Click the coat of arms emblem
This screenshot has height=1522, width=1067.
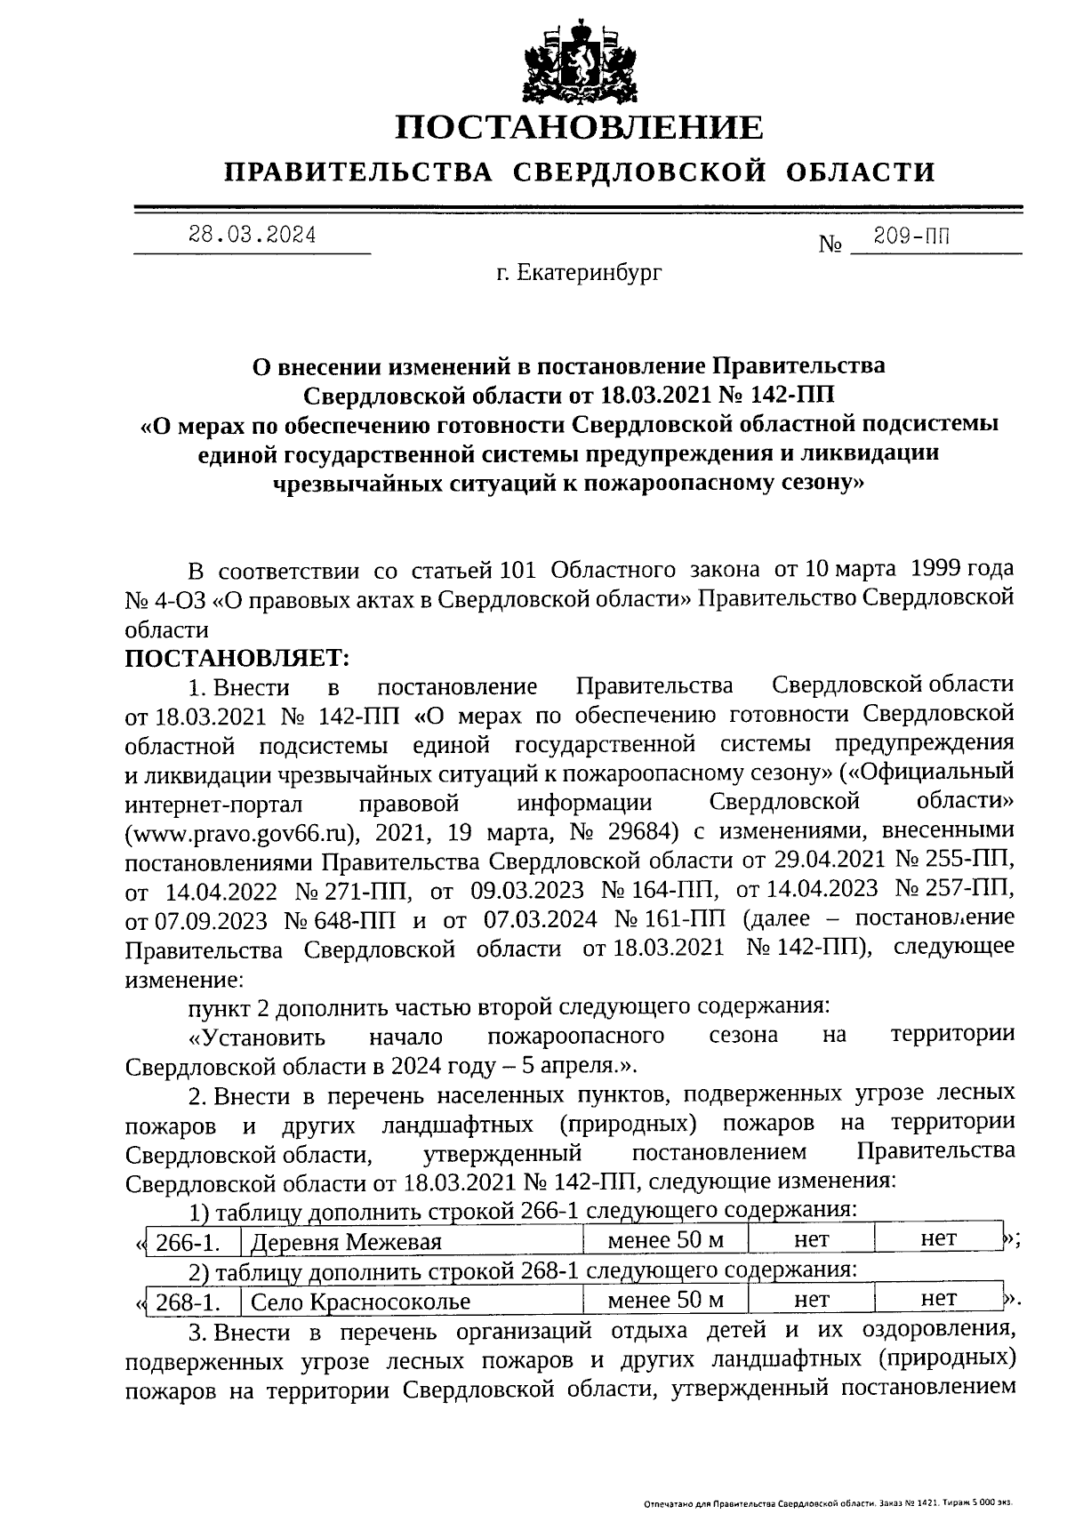tap(579, 60)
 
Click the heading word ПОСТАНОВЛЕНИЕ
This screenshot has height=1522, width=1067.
tap(579, 128)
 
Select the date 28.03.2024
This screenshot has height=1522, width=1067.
tap(252, 236)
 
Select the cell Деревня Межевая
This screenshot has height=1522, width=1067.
tap(347, 1242)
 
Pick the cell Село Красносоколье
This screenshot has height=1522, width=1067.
tap(360, 1302)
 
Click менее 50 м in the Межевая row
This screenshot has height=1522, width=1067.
tap(665, 1238)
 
